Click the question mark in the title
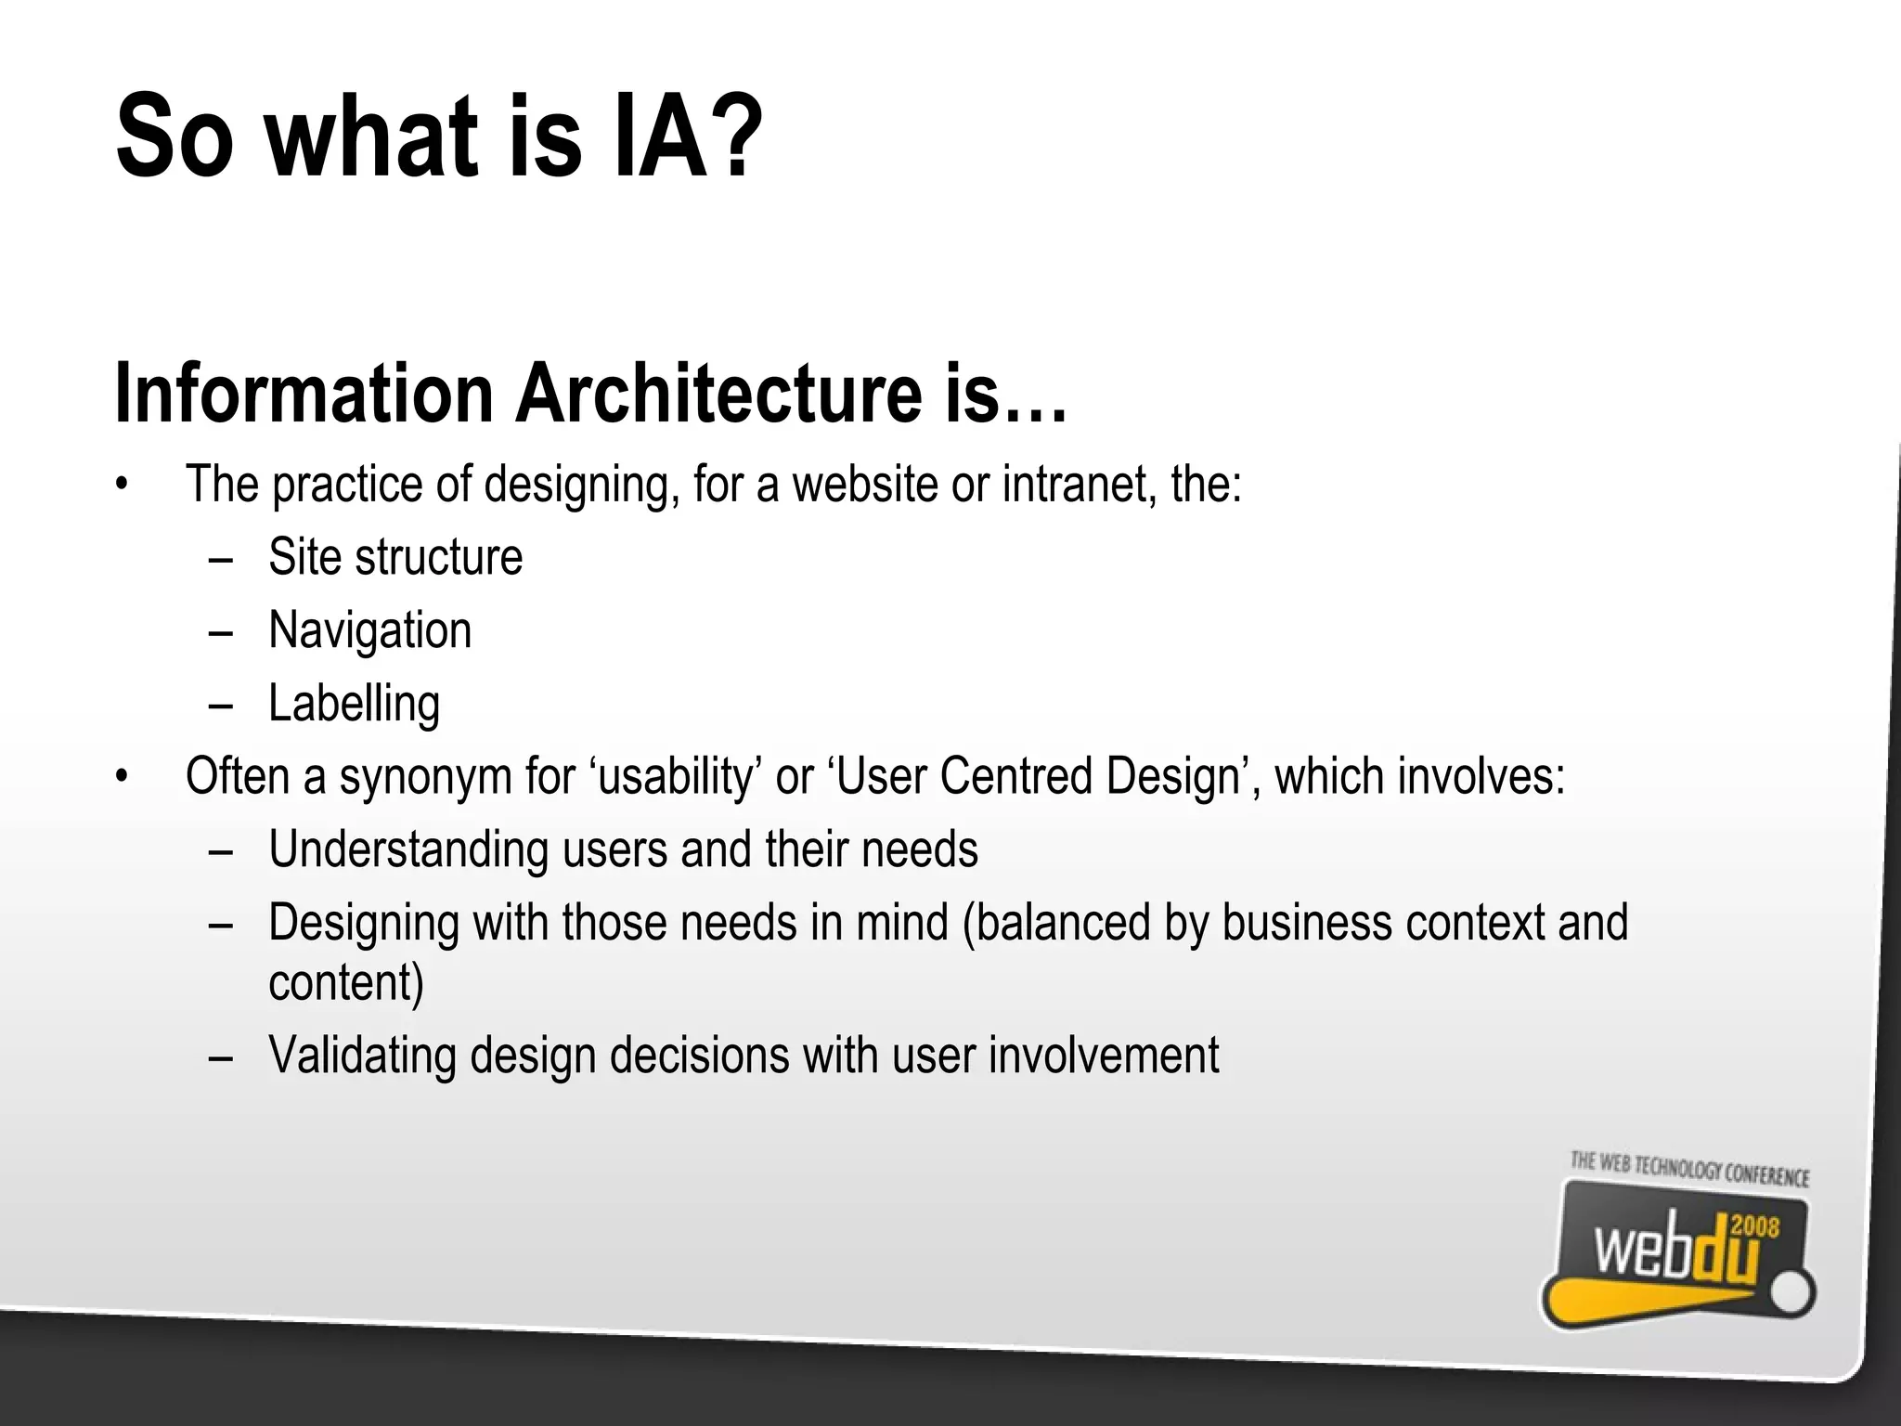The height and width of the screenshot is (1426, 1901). (x=739, y=137)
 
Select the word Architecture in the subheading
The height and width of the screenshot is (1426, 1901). (x=719, y=395)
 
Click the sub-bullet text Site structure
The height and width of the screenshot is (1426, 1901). (x=395, y=558)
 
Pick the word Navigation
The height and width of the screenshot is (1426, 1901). (x=369, y=631)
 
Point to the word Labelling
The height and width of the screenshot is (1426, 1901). (x=354, y=704)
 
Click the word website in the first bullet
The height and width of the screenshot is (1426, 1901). (x=864, y=485)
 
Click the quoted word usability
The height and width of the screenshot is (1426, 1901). (x=674, y=777)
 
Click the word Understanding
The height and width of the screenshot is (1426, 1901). (x=408, y=849)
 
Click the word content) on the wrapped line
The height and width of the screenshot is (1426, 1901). (x=345, y=982)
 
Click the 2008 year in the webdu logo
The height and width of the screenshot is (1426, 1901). (x=1755, y=1227)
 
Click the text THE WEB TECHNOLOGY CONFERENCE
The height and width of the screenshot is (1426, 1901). (x=1689, y=1170)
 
